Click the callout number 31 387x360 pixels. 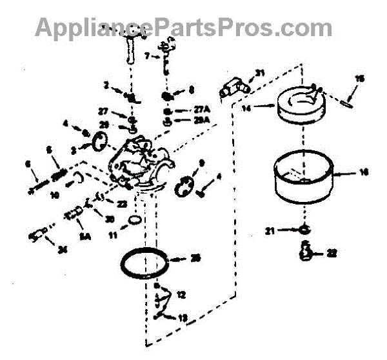pos(260,72)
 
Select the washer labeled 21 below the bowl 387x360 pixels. pos(304,229)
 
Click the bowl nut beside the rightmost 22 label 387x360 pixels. pos(306,251)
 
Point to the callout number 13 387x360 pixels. pos(182,317)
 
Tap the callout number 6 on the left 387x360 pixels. pos(28,165)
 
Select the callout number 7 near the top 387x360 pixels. pos(146,56)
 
